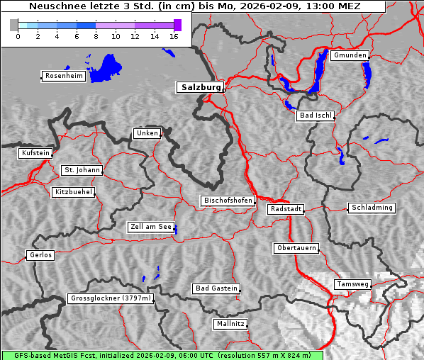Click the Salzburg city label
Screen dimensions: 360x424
click(x=199, y=87)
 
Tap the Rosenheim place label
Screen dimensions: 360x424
click(x=63, y=76)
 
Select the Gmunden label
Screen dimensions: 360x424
click(x=349, y=55)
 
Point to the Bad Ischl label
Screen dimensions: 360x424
click(x=315, y=116)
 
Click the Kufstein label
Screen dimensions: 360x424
click(x=35, y=153)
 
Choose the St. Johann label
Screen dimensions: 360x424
click(x=82, y=170)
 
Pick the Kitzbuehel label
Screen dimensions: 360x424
click(x=73, y=192)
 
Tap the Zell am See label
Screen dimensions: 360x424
click(x=151, y=227)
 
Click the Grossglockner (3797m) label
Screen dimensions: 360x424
click(x=111, y=299)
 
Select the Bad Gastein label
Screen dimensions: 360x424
click(x=216, y=288)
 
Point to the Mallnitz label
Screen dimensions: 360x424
click(x=230, y=324)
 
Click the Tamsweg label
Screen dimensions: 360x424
click(x=352, y=284)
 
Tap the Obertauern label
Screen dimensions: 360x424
click(x=296, y=248)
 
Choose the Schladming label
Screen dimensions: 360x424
click(x=371, y=208)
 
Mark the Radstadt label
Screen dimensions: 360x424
click(x=286, y=209)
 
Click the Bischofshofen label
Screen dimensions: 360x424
click(x=228, y=201)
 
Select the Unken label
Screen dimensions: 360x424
click(x=147, y=133)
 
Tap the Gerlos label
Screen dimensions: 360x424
click(x=40, y=255)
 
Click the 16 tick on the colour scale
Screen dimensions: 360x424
click(x=174, y=36)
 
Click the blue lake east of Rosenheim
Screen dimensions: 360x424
click(x=106, y=67)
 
